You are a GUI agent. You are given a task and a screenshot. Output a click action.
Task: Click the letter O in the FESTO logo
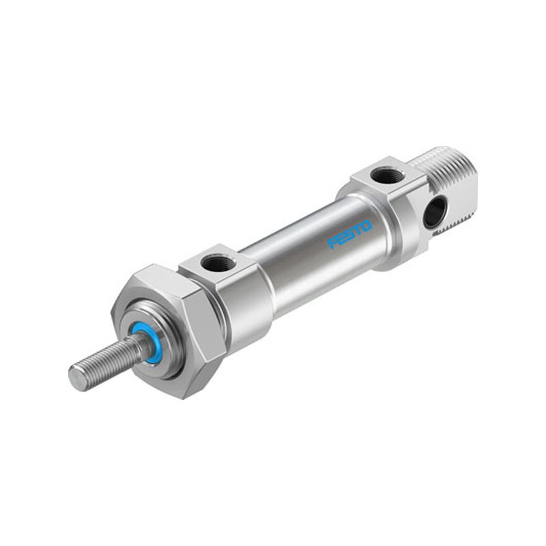[x=366, y=226]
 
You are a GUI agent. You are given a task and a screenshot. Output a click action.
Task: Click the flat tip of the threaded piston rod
[x=76, y=375]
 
